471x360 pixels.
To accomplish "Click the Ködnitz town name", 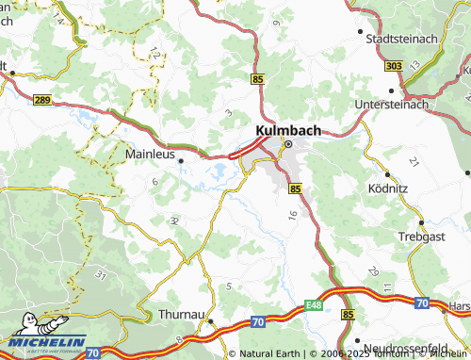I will (388, 188).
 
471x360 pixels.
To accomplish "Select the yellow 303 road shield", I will (394, 65).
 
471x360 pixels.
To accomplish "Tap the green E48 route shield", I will (314, 305).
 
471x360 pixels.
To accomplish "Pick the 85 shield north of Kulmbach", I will (258, 82).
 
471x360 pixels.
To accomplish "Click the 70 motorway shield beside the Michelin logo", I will (92, 352).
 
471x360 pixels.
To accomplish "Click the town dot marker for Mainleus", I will (181, 160).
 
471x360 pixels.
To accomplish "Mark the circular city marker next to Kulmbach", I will (288, 144).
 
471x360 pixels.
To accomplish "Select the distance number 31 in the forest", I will (100, 274).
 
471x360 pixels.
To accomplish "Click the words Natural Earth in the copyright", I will (269, 353).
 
